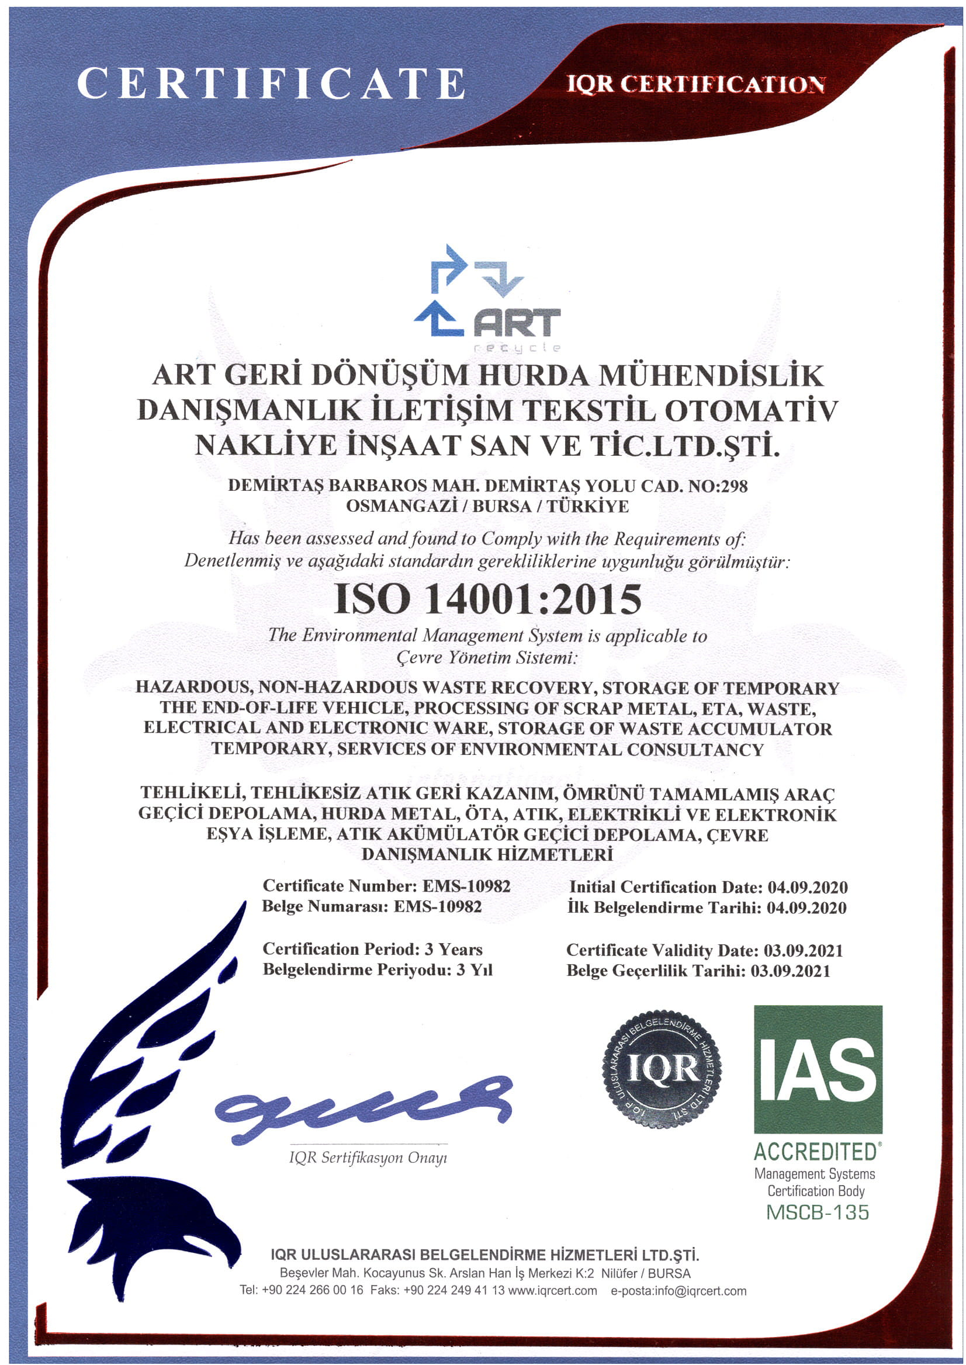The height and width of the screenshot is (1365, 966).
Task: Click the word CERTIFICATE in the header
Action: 271,84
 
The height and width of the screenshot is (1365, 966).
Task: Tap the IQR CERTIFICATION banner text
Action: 695,85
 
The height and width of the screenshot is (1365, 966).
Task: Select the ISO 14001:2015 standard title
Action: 488,598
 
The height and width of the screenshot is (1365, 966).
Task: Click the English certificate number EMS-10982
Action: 466,886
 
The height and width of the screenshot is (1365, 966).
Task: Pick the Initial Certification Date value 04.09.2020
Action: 807,888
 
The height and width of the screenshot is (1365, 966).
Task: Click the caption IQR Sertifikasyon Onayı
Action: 368,1158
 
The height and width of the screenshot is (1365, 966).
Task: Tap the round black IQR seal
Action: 662,1069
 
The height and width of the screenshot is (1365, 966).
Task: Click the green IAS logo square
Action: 818,1069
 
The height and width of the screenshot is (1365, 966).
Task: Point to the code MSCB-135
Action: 818,1212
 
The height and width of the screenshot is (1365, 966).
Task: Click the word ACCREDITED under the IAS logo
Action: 815,1152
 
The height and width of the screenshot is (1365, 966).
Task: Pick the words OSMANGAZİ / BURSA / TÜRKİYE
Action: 487,506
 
